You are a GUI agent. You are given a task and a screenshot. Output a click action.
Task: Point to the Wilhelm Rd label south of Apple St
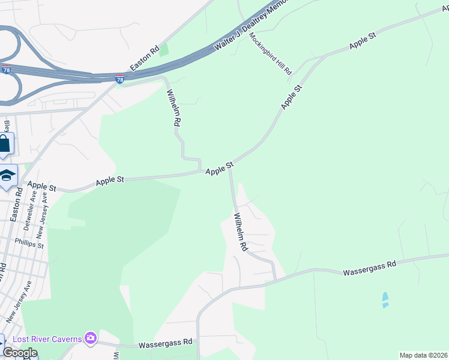pos(240,232)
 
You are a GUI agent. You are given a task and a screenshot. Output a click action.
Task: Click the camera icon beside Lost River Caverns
pos(91,339)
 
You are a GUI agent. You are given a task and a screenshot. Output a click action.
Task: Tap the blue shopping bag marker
pos(5,145)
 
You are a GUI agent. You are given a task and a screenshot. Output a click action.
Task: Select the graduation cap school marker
pos(7,175)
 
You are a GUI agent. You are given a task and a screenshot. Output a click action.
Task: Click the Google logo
pos(19,353)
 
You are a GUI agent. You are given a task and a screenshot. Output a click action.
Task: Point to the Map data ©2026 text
pos(423,355)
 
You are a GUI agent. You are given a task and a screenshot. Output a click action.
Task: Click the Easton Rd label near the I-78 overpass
pos(145,57)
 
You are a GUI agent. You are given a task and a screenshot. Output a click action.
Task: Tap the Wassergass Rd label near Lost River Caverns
pos(164,344)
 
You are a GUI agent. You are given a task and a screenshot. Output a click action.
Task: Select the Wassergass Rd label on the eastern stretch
pos(370,268)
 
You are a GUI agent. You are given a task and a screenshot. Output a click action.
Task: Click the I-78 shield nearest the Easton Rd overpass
pos(120,79)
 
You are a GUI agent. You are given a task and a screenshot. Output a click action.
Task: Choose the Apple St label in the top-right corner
pos(363,40)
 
